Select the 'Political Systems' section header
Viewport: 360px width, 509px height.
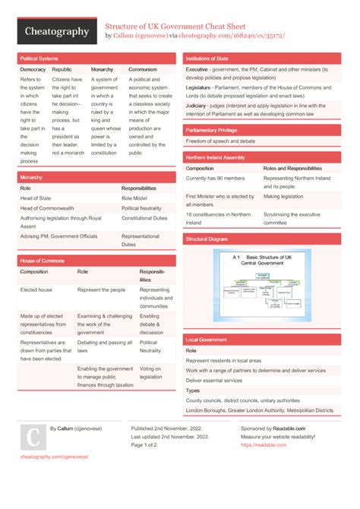39,58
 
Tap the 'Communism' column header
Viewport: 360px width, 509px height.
143,69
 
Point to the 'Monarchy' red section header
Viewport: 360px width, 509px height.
31,177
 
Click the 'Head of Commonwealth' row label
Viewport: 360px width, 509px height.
47,207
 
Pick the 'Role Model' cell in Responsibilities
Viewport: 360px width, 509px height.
134,198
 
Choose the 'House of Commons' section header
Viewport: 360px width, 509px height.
42,261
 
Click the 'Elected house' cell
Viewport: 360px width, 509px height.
36,290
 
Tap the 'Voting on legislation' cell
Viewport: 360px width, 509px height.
150,372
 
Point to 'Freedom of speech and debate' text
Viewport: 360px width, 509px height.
221,141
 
